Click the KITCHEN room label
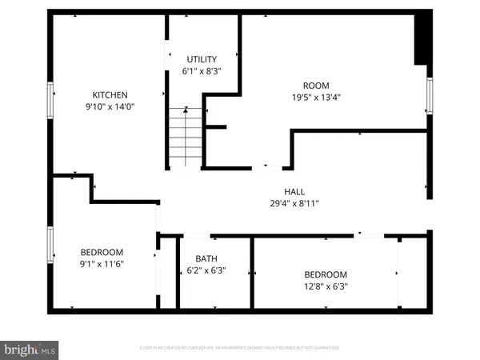[x=110, y=94]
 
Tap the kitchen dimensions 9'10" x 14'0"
[x=110, y=106]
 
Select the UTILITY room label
[x=202, y=59]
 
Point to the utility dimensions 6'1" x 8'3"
[x=202, y=71]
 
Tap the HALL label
[x=294, y=192]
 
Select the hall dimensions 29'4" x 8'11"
[x=294, y=204]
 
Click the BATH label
[x=206, y=258]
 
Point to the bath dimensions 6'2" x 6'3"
[x=206, y=271]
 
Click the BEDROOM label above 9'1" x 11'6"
[x=101, y=250]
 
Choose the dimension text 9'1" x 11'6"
[x=101, y=262]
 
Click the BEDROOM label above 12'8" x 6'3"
[x=325, y=274]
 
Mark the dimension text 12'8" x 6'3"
[x=325, y=286]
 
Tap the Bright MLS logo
[x=30, y=349]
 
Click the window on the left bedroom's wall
[x=50, y=246]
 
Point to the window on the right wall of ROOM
[x=430, y=95]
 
